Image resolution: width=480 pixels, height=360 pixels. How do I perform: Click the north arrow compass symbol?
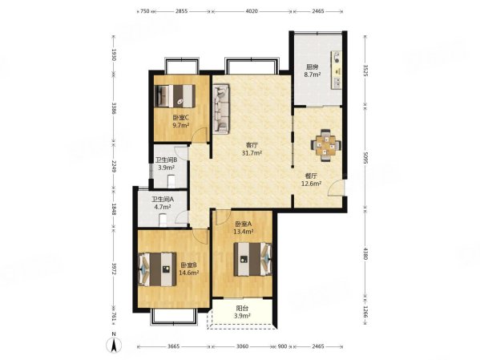click(x=114, y=345)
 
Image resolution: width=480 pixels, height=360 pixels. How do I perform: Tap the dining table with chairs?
click(x=325, y=145)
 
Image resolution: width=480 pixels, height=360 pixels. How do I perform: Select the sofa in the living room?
click(x=221, y=109)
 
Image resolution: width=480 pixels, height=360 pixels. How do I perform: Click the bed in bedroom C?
click(x=175, y=96)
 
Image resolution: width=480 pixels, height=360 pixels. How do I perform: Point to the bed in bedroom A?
click(x=253, y=259)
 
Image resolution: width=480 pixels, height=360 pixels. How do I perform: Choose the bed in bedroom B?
click(x=157, y=269)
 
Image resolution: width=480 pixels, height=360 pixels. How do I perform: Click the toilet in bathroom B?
click(x=171, y=181)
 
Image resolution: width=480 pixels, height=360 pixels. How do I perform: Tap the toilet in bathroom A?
click(x=163, y=220)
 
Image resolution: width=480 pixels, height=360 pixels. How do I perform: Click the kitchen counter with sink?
click(x=336, y=71)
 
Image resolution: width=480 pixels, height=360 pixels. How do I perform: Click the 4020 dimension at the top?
click(x=252, y=11)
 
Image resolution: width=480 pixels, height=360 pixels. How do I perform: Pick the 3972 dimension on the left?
click(x=114, y=269)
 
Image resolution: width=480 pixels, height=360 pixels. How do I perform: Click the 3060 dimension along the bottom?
click(x=243, y=346)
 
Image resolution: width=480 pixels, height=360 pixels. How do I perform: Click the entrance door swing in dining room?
click(x=335, y=188)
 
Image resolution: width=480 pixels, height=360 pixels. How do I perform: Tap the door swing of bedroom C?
click(x=200, y=136)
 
